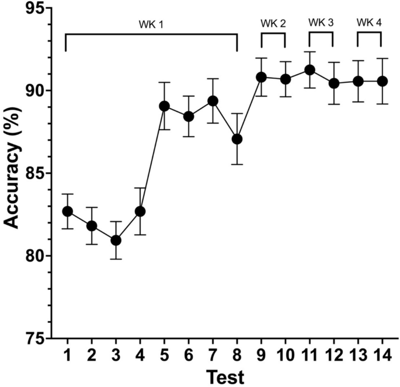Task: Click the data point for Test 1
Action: pyautogui.click(x=67, y=211)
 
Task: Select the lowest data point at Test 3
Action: pyautogui.click(x=116, y=240)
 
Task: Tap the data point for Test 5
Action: pyautogui.click(x=164, y=106)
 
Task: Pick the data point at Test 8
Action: pyautogui.click(x=236, y=139)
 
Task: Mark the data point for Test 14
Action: pyautogui.click(x=382, y=81)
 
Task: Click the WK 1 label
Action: pyautogui.click(x=151, y=24)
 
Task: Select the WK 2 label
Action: pyautogui.click(x=273, y=23)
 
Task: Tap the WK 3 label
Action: pyautogui.click(x=321, y=23)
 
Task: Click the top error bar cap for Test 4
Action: pyautogui.click(x=140, y=188)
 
